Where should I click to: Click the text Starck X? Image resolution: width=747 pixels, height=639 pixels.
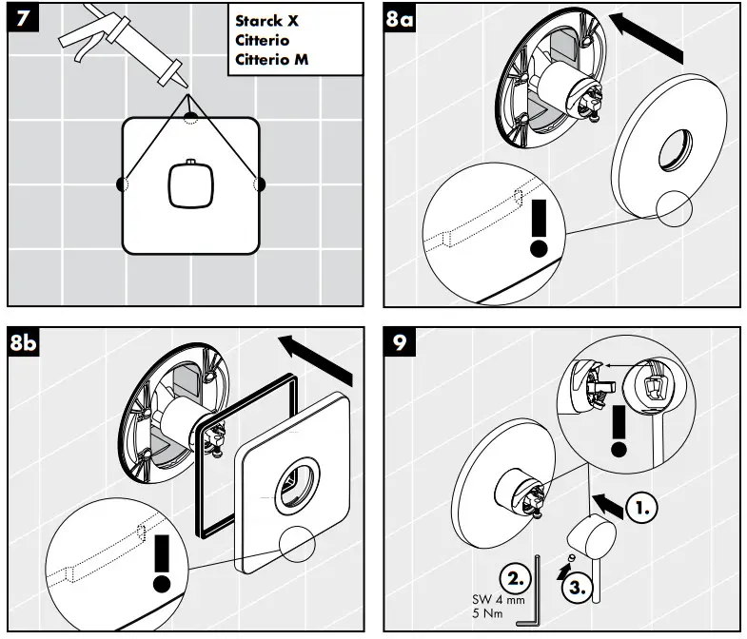coord(266,21)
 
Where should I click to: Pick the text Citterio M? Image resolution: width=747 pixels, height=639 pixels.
coord(275,59)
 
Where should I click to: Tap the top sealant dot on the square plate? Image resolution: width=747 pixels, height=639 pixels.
coord(191,117)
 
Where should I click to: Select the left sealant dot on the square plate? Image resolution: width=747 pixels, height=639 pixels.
coord(122,184)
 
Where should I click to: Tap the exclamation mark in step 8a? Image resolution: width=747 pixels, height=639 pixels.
coord(540,228)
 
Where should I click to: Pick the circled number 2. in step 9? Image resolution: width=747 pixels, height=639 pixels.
coord(515,577)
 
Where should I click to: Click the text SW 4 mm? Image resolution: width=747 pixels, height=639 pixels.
coord(498,600)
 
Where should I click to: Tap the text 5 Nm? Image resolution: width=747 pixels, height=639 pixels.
coord(488,615)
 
